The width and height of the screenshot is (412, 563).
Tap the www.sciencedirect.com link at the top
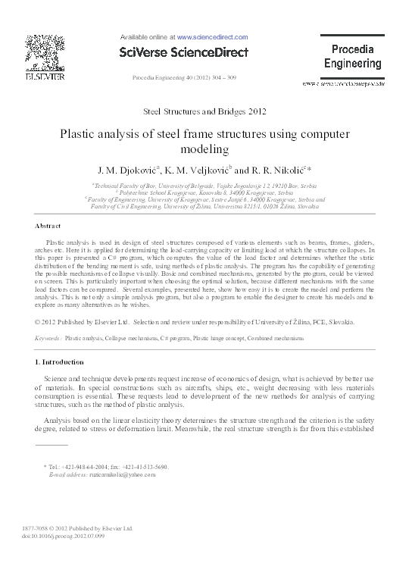pos(212,36)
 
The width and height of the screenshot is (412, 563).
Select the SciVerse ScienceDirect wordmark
pos(184,51)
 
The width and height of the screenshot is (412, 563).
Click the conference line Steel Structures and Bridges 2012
pos(204,111)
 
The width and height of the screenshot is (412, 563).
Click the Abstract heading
pos(48,227)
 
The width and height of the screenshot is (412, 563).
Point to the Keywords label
pos(48,338)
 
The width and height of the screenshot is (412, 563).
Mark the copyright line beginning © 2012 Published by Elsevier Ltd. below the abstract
pos(194,323)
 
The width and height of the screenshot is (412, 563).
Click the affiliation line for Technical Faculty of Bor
pos(204,186)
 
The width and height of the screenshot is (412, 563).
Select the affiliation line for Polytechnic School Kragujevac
pos(204,193)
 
